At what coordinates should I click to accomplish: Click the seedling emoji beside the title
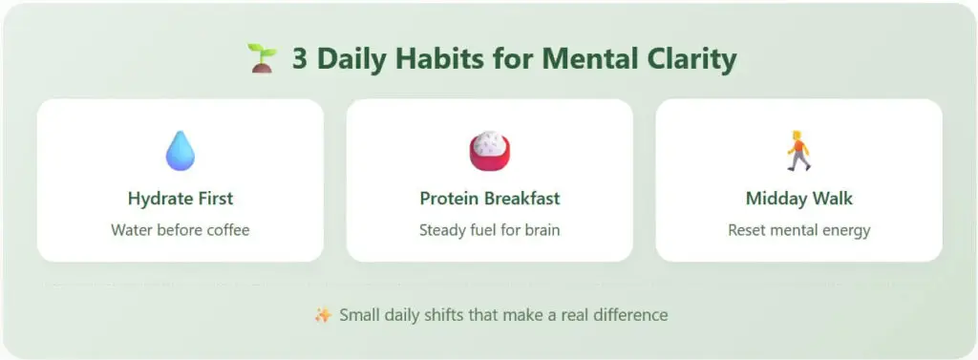260,59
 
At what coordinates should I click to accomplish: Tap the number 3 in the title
299,59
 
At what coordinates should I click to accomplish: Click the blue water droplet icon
180,151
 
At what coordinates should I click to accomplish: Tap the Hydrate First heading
180,199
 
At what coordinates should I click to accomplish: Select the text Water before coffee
180,230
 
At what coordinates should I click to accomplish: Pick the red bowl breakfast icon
489,151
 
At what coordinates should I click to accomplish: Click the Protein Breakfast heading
489,199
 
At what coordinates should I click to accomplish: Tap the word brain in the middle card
540,230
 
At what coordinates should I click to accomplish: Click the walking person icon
798,151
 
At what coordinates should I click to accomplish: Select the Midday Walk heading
798,199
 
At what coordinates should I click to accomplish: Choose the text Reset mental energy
798,230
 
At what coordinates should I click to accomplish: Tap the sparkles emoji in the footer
323,314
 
